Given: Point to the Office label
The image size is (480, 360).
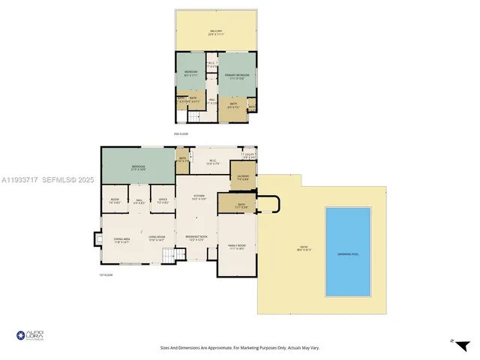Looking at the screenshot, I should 163,200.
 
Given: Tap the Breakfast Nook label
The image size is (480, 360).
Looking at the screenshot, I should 196,238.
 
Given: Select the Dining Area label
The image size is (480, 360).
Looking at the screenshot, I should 121,240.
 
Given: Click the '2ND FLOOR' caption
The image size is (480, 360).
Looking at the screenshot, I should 181,133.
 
